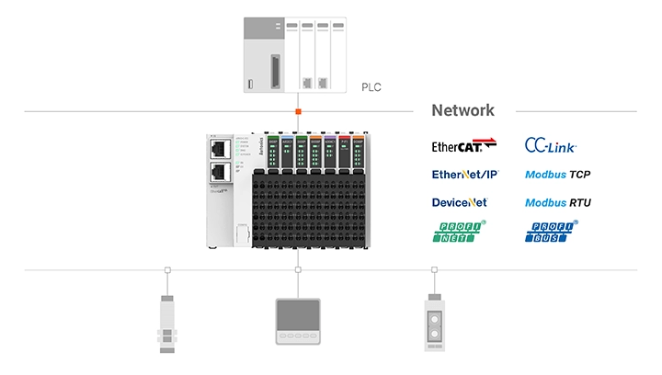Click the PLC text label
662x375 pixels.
coord(371,88)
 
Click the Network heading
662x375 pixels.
coord(462,110)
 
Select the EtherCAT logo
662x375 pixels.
coord(463,145)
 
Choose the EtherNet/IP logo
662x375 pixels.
coord(464,174)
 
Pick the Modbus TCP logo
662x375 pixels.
coord(558,174)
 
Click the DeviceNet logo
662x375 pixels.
coord(459,201)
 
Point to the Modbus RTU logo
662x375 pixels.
coord(558,201)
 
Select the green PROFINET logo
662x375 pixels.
coord(459,232)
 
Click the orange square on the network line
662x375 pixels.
coord(298,111)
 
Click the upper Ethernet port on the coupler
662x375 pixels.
coord(219,147)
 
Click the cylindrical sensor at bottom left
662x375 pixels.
coord(167,323)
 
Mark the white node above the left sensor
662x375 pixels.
coord(167,270)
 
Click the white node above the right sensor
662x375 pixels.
coord(433,270)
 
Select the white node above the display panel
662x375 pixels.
coord(298,270)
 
